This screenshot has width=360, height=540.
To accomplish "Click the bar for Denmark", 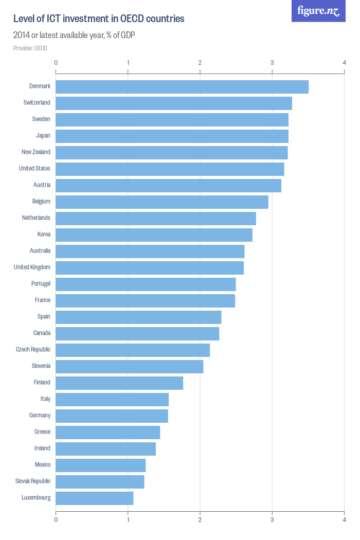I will coord(182,87).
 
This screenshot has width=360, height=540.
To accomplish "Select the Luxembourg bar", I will coord(95,498).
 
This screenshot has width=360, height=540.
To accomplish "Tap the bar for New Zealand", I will coord(172,153).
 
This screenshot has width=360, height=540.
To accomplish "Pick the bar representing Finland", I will coord(119,383).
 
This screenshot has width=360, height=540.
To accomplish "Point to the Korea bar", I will coord(154,235).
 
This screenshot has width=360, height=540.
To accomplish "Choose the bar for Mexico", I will coord(101,465).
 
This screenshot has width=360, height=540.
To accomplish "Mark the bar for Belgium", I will coord(162,202).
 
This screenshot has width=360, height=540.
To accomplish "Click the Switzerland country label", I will coord(37,102).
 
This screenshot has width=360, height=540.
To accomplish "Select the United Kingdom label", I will coord(32,267).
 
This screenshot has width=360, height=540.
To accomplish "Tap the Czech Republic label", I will coord(33,349).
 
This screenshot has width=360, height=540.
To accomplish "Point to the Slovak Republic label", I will coord(33,481).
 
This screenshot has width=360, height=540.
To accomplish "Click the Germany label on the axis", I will coord(40,415).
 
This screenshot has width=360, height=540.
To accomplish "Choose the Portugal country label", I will coord(41,283).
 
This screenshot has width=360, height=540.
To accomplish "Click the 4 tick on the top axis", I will coord(344,62).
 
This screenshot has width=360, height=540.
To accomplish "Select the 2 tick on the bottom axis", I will coord(200,520).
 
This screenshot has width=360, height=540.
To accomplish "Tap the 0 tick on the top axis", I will coord(56,62).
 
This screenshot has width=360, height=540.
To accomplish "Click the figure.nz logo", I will coord(318,11).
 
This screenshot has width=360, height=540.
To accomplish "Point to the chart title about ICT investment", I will coord(99,19).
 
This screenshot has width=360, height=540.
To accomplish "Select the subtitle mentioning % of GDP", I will coord(74,35).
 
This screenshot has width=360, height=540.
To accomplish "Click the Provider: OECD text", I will coord(30,48).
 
